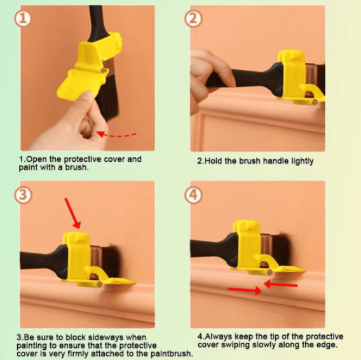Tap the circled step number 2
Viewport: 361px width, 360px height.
pos(194,18)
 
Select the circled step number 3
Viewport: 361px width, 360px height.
pos(23,194)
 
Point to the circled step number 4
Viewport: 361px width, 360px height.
pos(194,194)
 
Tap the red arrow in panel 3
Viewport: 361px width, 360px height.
pos(73,213)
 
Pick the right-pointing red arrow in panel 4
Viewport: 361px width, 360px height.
pos(244,291)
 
